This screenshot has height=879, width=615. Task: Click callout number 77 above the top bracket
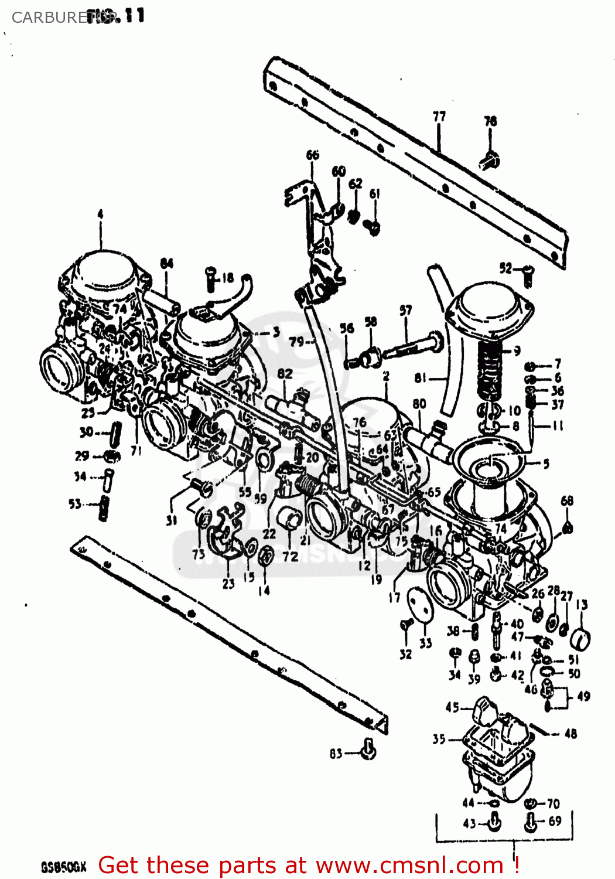coord(439,117)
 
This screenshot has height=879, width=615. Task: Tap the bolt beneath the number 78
coord(490,159)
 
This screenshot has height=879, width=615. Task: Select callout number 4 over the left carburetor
coord(100,214)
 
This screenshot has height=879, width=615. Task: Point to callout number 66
coord(312,155)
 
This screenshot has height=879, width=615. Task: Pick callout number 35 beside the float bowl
coord(439,739)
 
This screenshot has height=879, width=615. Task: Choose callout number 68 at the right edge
coord(567,500)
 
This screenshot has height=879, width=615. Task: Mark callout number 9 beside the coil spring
coord(517,352)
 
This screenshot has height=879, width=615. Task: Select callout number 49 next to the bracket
coord(583,696)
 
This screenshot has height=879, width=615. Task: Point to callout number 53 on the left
coord(75,504)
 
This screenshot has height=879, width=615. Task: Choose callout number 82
coord(285,374)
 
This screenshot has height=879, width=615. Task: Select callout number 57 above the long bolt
coord(405,311)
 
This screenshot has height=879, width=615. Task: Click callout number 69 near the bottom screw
coord(555,821)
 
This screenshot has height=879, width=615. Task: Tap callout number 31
coord(171,520)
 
